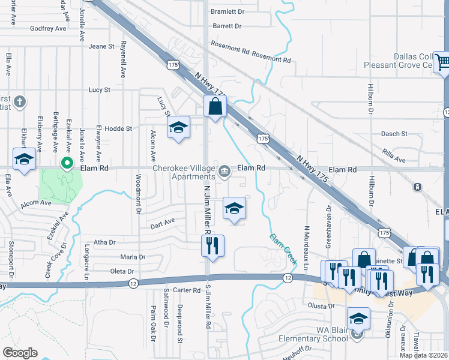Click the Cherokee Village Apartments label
pyautogui.click(x=184, y=173)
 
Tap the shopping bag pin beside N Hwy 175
pyautogui.click(x=215, y=107)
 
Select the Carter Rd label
pyautogui.click(x=185, y=290)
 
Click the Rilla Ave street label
pyautogui.click(x=394, y=159)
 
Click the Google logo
pyautogui.click(x=20, y=353)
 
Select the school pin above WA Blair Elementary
pyautogui.click(x=358, y=318)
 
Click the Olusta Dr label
pyautogui.click(x=322, y=306)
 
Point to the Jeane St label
pyautogui.click(x=101, y=46)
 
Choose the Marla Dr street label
pyautogui.click(x=133, y=257)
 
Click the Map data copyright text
pyautogui.click(x=423, y=355)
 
